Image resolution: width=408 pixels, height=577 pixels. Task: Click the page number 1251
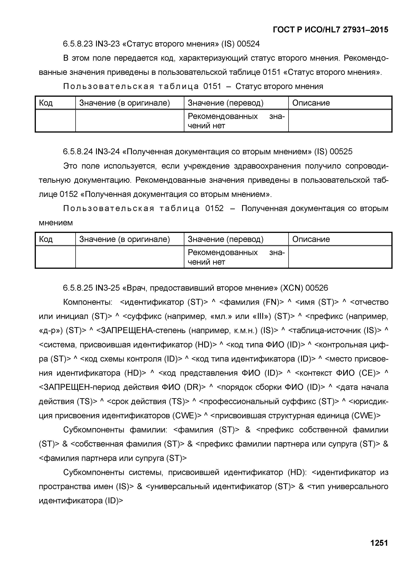[x=379, y=543]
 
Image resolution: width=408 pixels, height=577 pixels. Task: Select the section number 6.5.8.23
[x=78, y=44]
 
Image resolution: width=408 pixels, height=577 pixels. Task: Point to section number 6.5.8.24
[x=78, y=151]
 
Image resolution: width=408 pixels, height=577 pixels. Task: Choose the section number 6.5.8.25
[x=78, y=288]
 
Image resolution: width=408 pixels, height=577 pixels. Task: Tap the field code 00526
[x=317, y=288]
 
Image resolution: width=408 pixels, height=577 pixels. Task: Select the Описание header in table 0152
[x=311, y=239]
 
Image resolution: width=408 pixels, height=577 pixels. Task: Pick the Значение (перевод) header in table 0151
[x=226, y=103]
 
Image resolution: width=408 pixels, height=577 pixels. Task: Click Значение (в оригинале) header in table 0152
[x=125, y=239]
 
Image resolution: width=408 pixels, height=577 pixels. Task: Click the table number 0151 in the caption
[x=212, y=87]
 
